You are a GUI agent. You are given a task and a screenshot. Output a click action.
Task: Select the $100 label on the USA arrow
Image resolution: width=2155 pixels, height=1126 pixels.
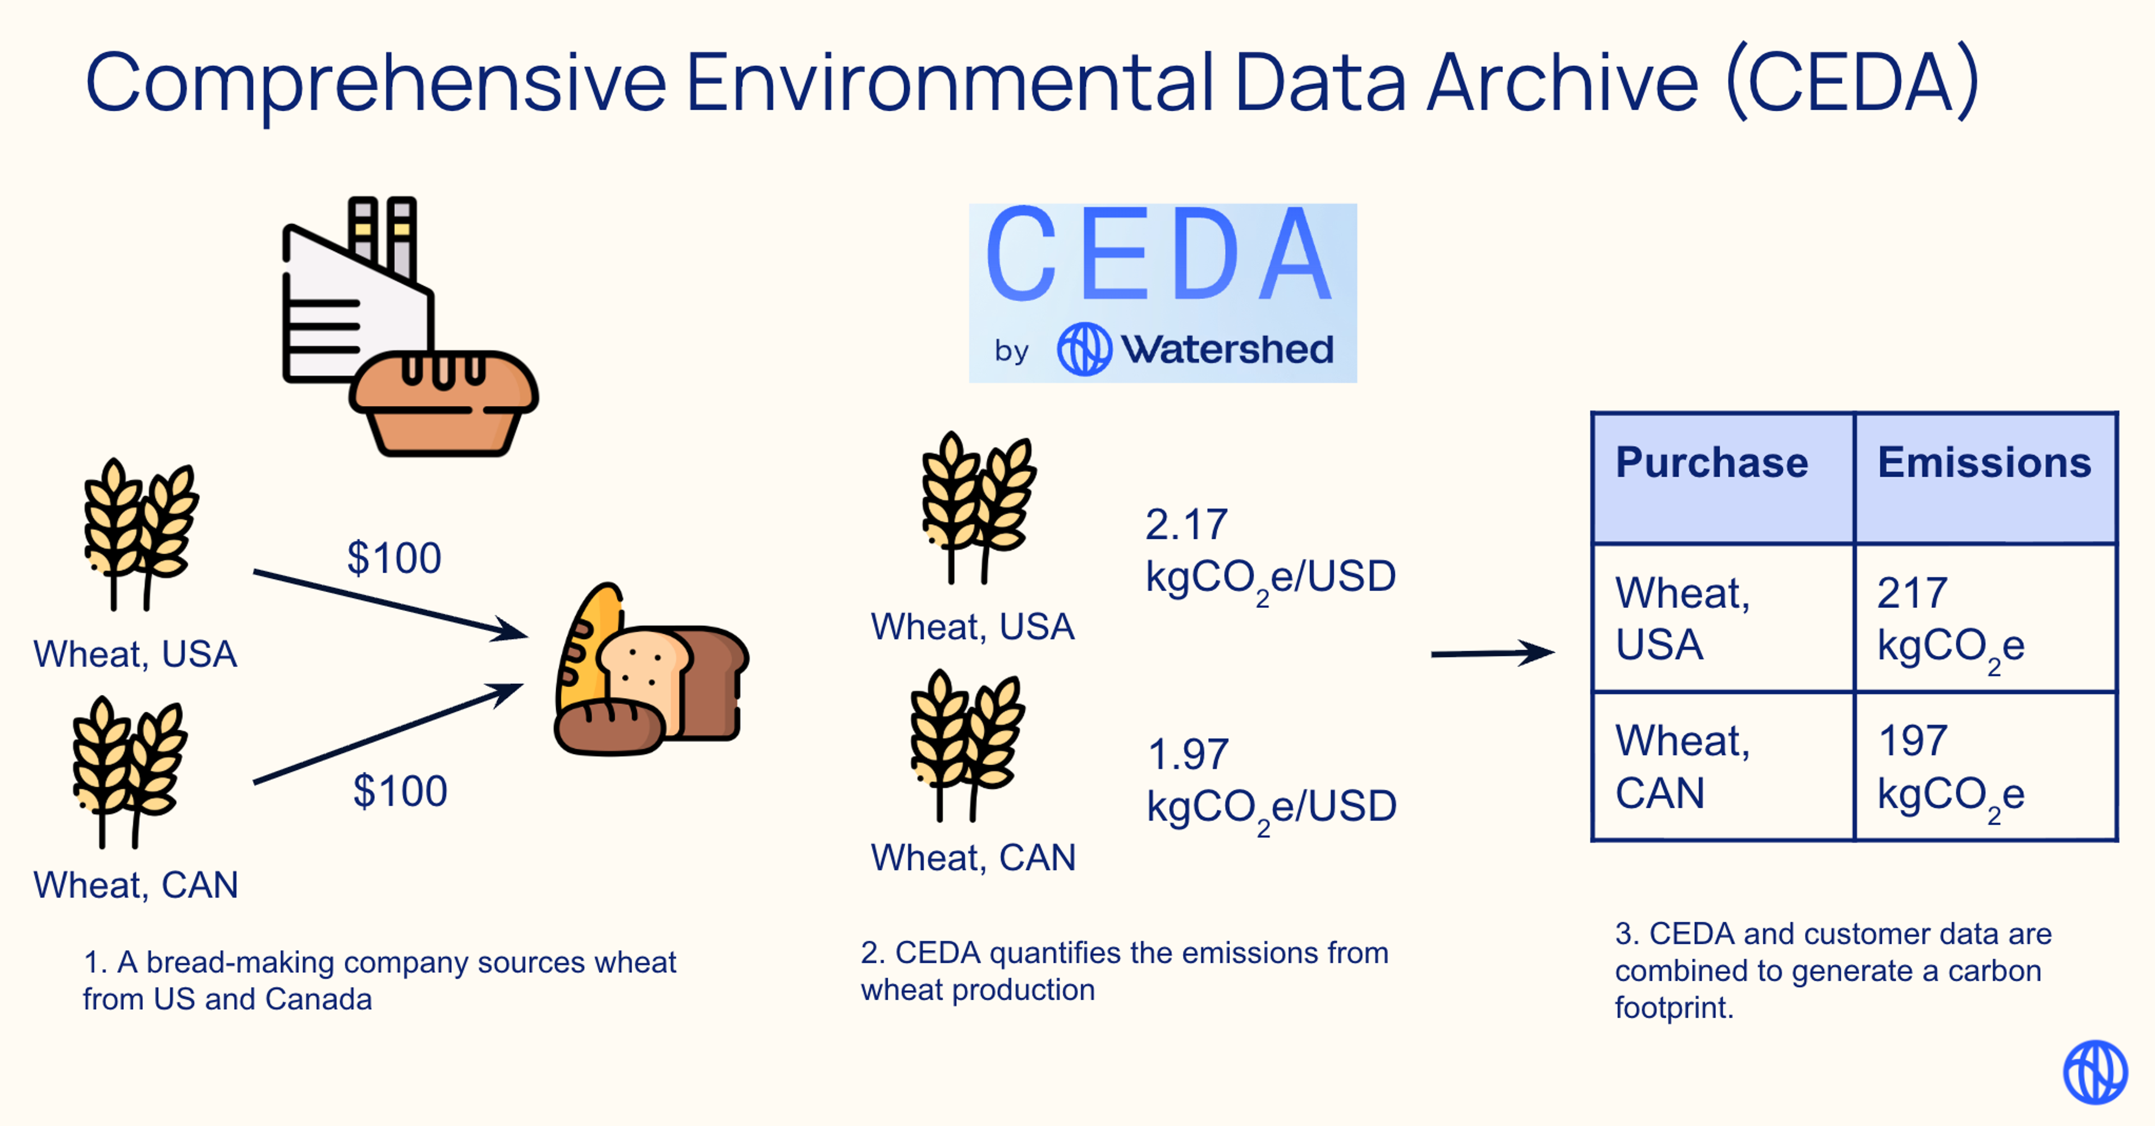(x=394, y=558)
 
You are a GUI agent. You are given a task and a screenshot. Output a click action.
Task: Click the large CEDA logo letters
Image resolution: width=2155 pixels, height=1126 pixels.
(x=1159, y=255)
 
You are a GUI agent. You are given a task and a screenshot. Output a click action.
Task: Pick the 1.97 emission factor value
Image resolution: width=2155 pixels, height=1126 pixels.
(x=1188, y=754)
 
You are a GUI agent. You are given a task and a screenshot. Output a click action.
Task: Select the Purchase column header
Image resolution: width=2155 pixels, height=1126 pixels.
(x=1712, y=463)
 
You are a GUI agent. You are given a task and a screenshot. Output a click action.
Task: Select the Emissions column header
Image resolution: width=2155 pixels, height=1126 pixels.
(x=1983, y=463)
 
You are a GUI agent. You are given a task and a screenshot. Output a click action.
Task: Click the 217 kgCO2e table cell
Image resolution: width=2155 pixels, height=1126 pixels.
(x=1983, y=619)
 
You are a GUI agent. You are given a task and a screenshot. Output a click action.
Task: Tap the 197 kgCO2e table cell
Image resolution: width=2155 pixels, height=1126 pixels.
(x=1983, y=767)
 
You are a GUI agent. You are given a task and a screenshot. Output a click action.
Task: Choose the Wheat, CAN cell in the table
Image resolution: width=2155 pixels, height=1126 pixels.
(x=1722, y=767)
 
